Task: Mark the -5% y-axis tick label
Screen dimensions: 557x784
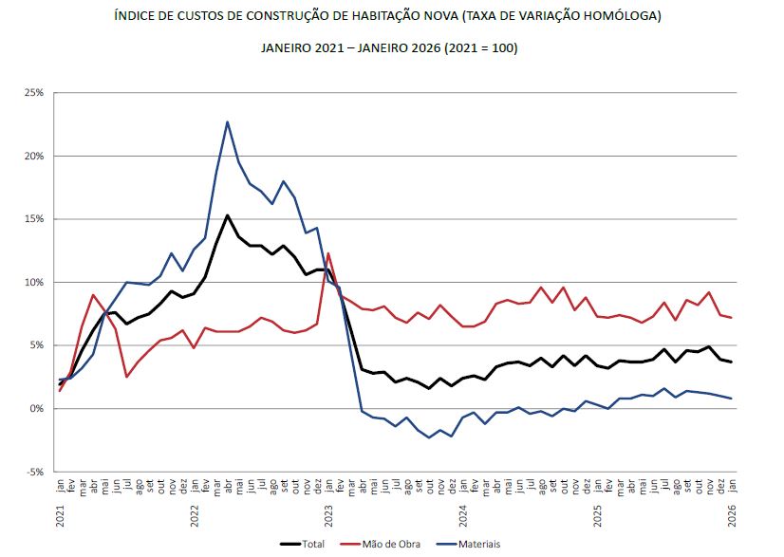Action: click(35, 472)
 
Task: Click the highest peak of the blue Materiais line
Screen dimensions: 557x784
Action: click(228, 121)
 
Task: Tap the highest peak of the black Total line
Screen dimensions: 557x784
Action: click(228, 215)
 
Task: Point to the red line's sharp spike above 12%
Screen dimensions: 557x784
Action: click(328, 253)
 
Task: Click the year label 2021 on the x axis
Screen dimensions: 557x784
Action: click(61, 517)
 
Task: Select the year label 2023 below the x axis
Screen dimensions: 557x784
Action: click(328, 517)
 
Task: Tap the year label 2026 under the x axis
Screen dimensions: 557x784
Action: click(732, 517)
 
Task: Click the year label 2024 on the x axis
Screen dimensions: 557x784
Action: click(463, 517)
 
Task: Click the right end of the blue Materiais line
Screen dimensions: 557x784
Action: click(732, 399)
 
